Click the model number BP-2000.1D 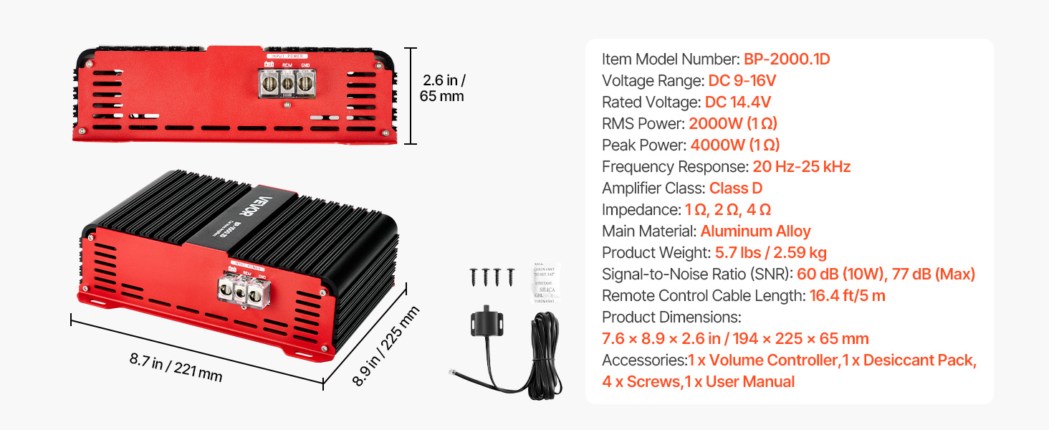click(787, 59)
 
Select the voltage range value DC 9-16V click(742, 80)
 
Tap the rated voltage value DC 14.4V click(738, 102)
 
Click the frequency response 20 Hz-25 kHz click(801, 166)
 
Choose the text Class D click(735, 188)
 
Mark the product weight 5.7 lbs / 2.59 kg click(771, 252)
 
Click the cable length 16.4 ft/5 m click(848, 295)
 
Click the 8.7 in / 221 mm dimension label click(176, 366)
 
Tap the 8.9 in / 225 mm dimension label click(385, 345)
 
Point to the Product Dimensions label click(671, 317)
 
